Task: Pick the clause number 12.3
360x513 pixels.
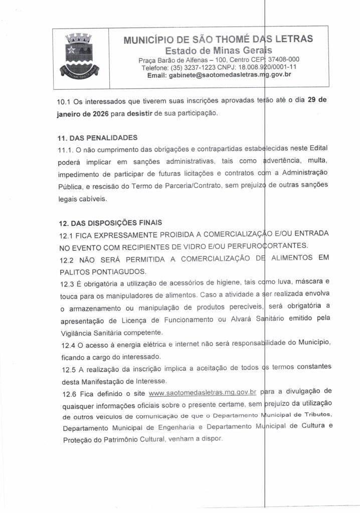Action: [x=68, y=283]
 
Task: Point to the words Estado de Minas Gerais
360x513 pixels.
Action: [x=219, y=50]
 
